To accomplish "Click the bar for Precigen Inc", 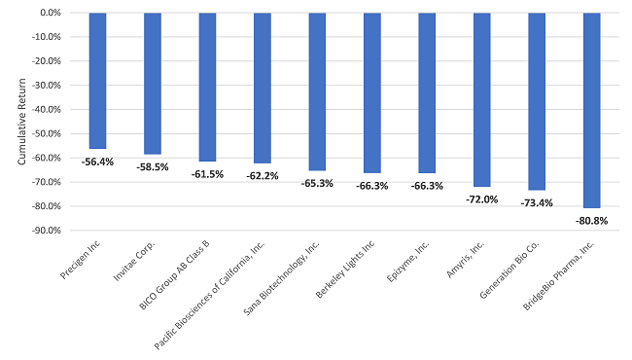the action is coord(97,81).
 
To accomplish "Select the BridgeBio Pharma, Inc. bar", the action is coord(592,111).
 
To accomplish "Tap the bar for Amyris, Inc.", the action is coord(482,99).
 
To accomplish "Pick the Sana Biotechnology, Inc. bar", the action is coord(317,91).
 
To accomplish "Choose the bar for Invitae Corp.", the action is coord(153,84).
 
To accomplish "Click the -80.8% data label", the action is coord(591,221).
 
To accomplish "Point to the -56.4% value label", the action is coord(97,162).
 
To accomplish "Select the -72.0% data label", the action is coord(481,199).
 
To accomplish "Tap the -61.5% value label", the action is coord(207,174).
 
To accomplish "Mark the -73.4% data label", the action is coord(537,203).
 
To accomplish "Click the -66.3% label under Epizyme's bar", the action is coord(427,186).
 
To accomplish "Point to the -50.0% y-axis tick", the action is coord(47,134).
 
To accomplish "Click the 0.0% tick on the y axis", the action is coord(51,13).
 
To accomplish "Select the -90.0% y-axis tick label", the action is coord(47,231).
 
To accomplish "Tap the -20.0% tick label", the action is coord(47,61).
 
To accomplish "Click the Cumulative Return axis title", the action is coord(21,122).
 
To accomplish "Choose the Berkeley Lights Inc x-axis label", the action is coord(345,269).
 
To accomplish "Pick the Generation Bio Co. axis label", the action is coord(509,270).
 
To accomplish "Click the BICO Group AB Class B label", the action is coord(174,275).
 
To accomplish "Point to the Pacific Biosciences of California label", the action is coord(210,295).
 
